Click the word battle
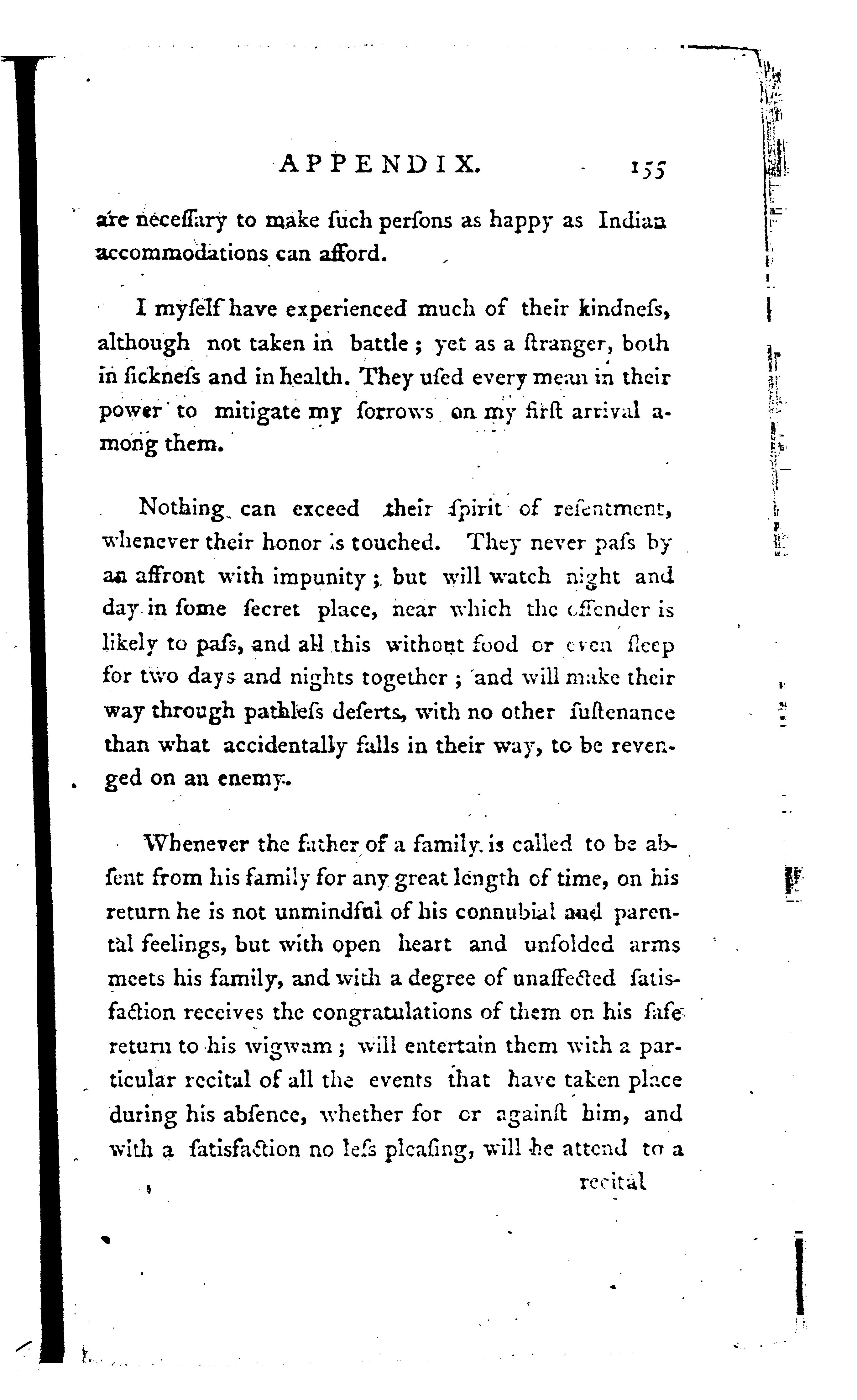[x=379, y=343]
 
